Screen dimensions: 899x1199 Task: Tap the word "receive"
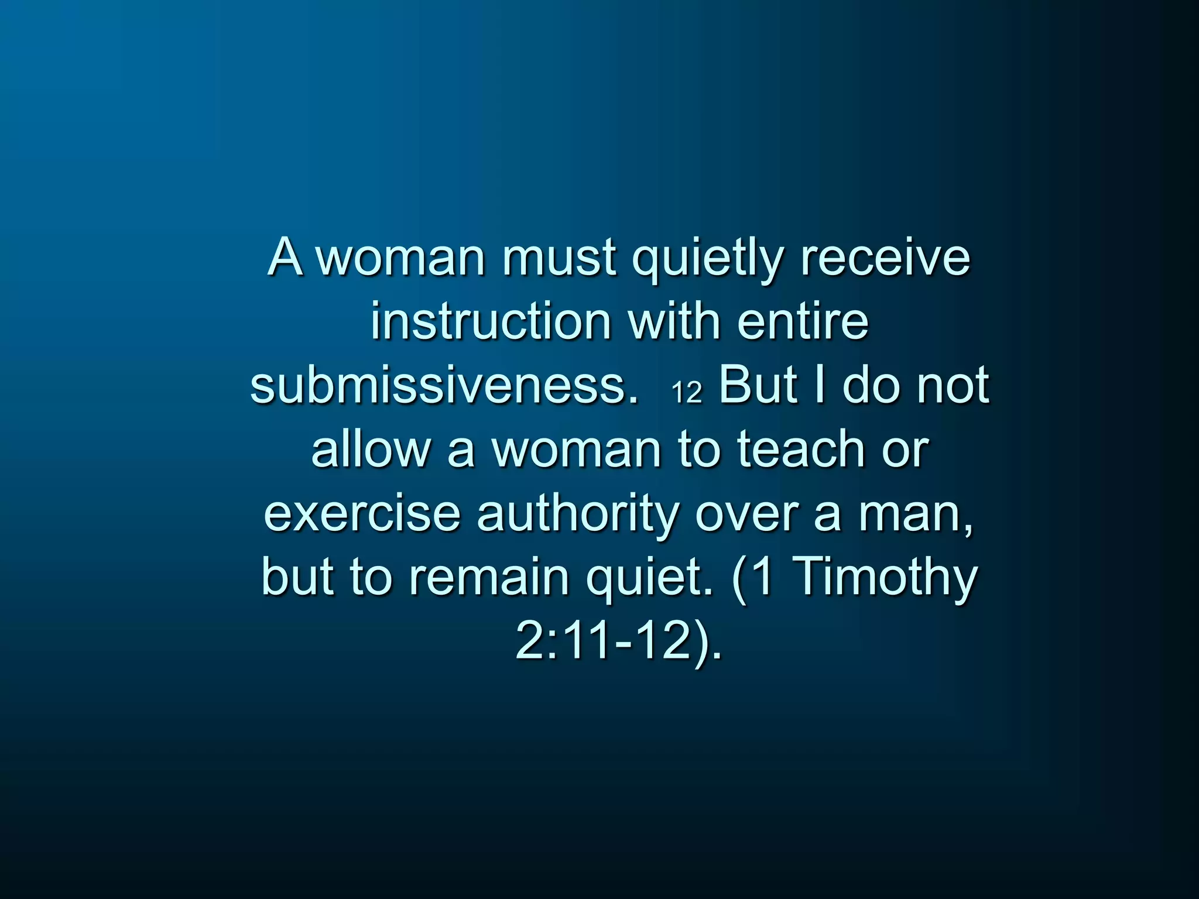tap(885, 258)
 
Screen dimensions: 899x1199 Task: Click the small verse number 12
tap(686, 392)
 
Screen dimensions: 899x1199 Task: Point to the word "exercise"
tap(362, 513)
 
